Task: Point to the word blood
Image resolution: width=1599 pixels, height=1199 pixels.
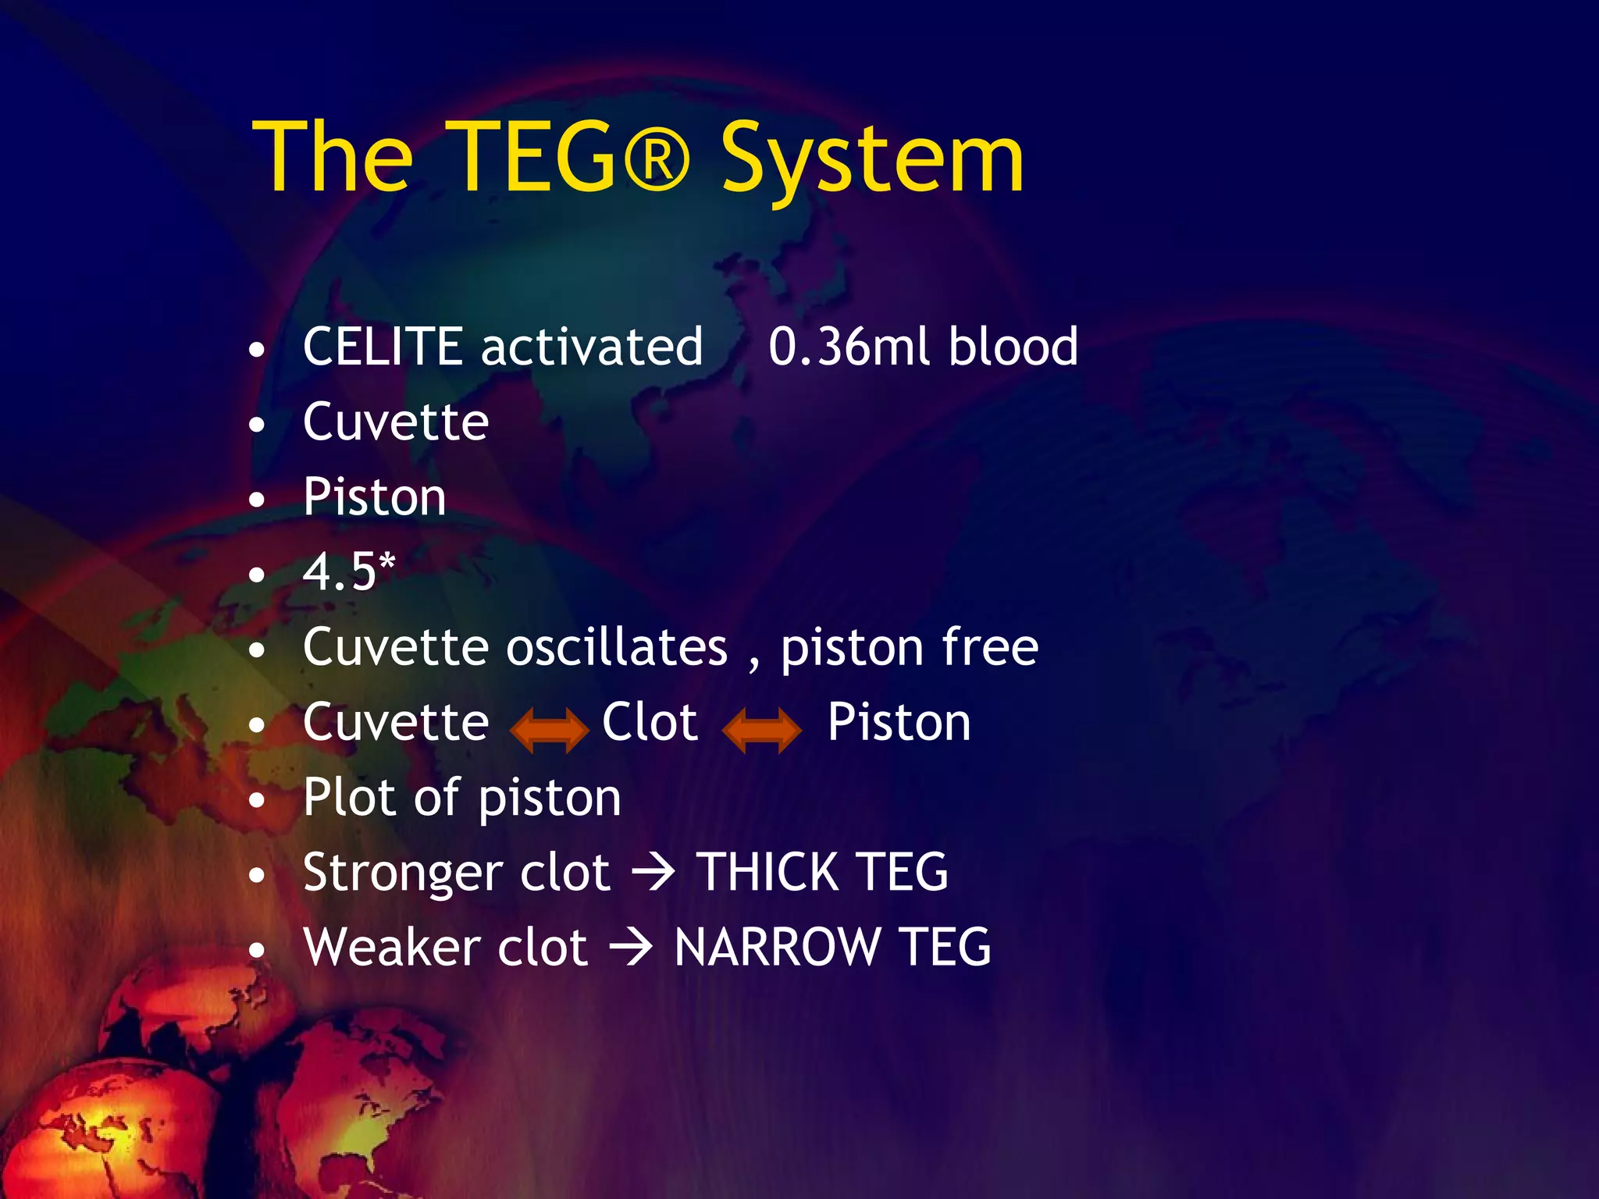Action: point(1013,347)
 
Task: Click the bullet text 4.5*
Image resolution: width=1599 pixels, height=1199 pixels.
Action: point(349,571)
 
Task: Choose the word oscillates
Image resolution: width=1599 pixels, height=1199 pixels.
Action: point(617,648)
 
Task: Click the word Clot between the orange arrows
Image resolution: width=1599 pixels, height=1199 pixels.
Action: point(650,722)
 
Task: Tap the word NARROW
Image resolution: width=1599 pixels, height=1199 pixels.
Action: point(777,947)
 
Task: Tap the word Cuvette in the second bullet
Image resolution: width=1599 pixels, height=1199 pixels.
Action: point(396,422)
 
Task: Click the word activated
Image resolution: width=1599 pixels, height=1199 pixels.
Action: point(592,347)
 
